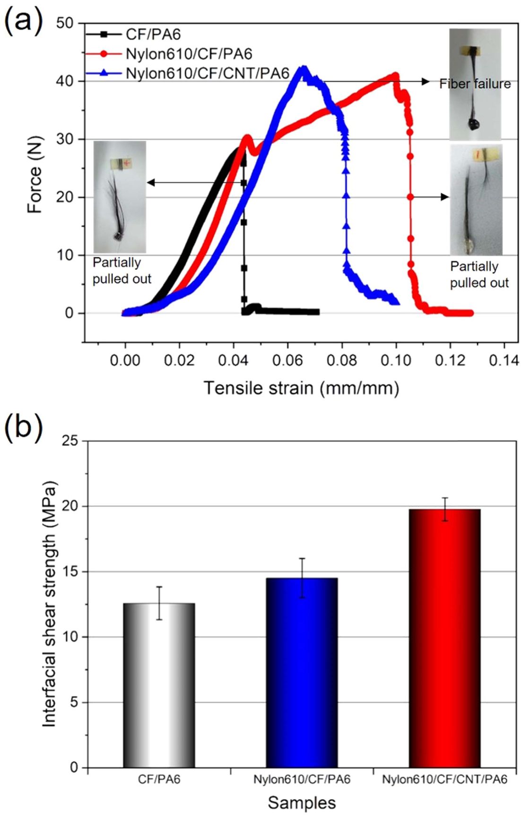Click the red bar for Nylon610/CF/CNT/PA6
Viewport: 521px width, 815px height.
[444, 638]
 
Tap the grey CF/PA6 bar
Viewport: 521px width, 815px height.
[159, 685]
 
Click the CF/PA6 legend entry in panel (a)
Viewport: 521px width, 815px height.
[153, 35]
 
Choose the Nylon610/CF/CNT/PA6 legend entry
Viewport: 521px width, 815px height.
[207, 73]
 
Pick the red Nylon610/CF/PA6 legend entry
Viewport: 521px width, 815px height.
[189, 54]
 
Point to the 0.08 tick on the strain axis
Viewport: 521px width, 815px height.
[342, 360]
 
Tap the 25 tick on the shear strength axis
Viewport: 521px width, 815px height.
[69, 441]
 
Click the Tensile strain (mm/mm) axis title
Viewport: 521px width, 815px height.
[301, 388]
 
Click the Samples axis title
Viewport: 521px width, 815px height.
[302, 802]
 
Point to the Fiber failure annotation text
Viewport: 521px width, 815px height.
[475, 84]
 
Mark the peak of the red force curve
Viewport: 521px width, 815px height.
[394, 75]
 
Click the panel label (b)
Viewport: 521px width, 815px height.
[23, 425]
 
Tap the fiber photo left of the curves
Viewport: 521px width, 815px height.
[120, 196]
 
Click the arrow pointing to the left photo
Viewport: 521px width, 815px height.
[194, 182]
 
